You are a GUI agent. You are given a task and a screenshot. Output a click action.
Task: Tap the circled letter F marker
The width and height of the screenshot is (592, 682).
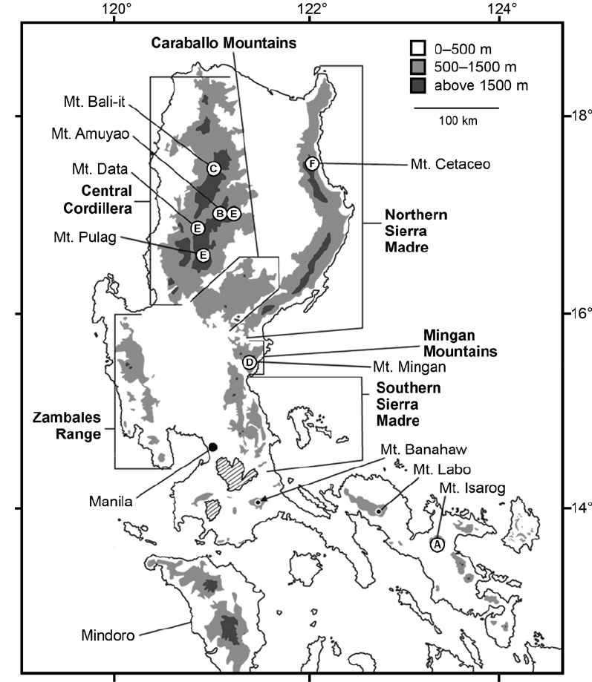312,163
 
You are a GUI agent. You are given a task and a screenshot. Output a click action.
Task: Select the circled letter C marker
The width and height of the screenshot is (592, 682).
213,168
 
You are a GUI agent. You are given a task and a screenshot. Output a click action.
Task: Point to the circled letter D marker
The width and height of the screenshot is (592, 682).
250,362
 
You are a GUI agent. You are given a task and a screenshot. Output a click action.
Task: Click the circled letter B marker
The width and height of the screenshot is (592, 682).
220,214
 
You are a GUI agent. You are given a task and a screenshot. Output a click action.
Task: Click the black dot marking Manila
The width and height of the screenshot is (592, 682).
212,447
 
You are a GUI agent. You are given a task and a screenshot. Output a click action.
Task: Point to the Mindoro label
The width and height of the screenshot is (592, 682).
105,636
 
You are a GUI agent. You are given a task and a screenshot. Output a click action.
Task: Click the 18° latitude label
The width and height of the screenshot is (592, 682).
576,117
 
